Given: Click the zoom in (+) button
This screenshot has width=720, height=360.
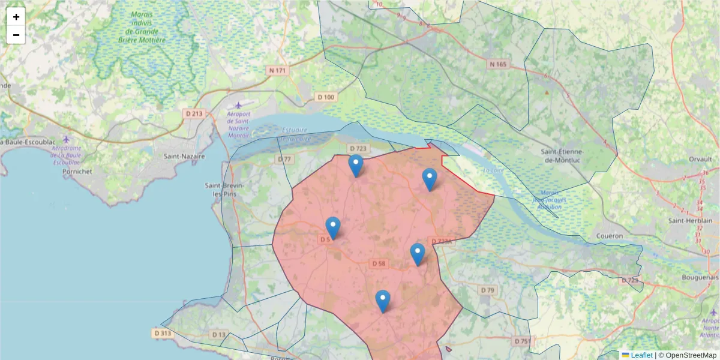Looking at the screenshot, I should click(x=16, y=17).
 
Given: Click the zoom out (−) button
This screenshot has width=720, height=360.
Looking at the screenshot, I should click(x=16, y=35).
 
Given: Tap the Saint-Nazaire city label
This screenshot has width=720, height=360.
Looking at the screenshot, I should click(x=184, y=156).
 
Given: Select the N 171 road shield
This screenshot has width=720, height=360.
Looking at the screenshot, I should click(x=278, y=70).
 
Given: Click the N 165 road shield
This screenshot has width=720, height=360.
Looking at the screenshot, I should click(x=497, y=64).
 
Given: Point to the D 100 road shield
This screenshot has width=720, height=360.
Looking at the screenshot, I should click(x=326, y=97).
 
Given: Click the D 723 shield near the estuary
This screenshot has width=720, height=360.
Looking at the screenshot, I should click(x=357, y=148).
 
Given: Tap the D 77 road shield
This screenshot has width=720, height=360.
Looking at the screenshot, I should click(x=284, y=159).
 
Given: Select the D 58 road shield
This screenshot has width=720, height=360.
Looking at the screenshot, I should click(x=378, y=263).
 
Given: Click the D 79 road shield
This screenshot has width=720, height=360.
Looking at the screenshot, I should click(x=488, y=290).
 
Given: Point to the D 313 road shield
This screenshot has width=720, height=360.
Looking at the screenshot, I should click(x=162, y=333).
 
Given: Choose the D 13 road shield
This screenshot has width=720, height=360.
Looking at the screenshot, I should click(x=218, y=334).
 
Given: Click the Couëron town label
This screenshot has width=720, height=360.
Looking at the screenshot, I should click(x=610, y=236).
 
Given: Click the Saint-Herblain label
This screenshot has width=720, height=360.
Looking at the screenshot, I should click(x=693, y=221).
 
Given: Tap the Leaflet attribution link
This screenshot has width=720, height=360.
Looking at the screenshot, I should click(x=641, y=355).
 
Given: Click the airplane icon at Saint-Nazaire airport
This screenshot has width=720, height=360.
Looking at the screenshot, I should click(x=239, y=106).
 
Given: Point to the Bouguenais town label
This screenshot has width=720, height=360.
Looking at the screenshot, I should click(x=700, y=277).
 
